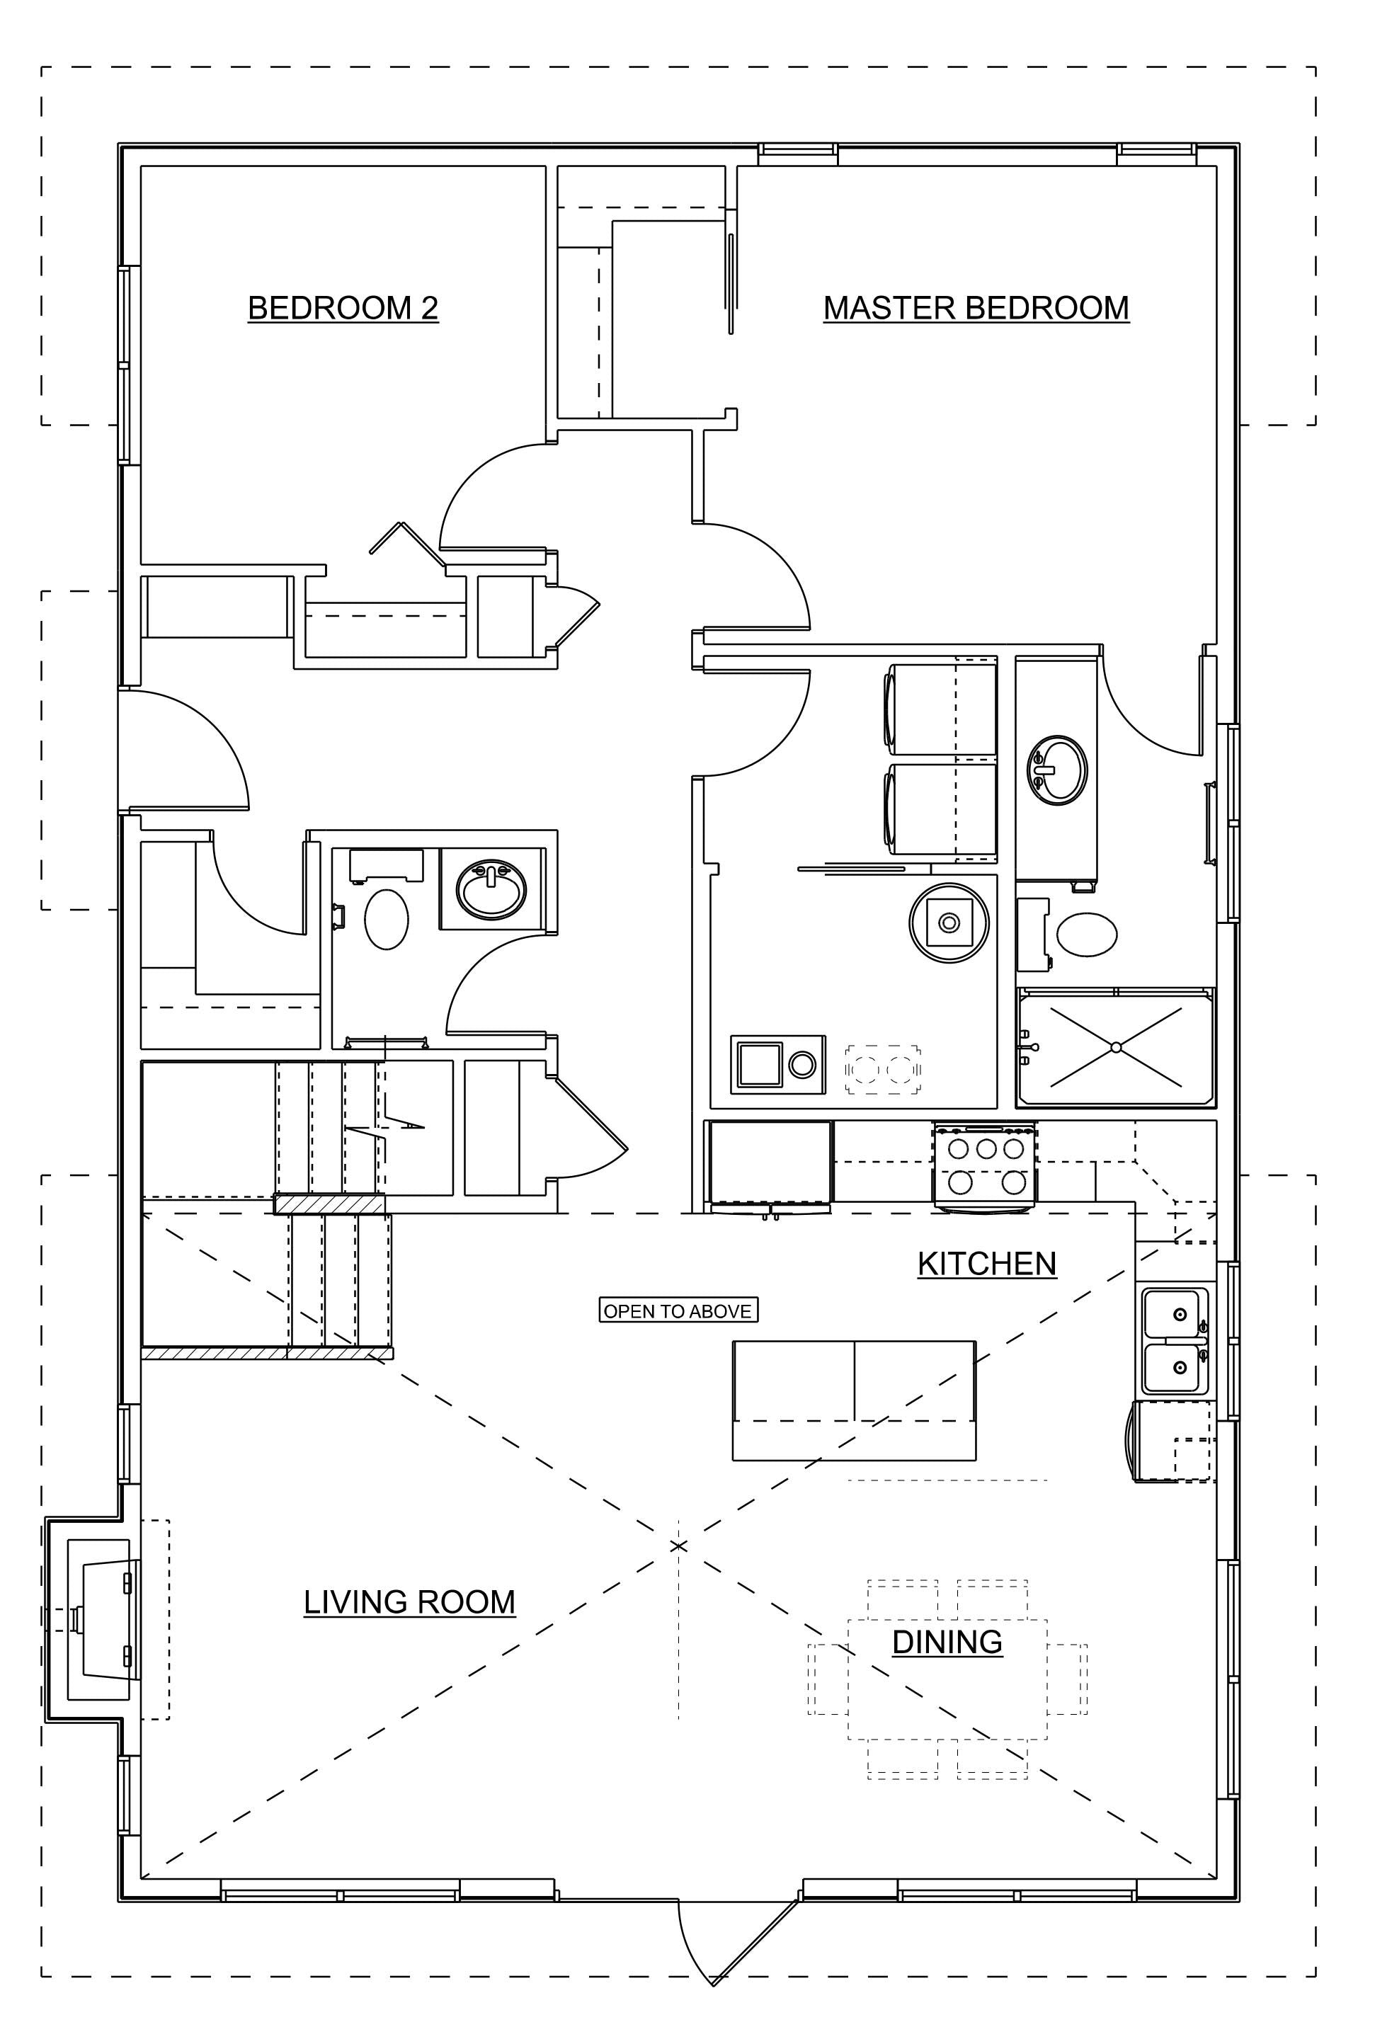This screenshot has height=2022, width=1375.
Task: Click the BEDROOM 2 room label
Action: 343,308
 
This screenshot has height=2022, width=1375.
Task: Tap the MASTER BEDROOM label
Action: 976,308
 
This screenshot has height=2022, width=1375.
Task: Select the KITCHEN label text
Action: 987,1263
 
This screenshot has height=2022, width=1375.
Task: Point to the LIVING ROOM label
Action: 409,1601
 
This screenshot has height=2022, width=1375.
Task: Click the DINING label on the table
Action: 947,1642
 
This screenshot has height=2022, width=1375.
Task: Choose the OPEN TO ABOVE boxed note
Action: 678,1310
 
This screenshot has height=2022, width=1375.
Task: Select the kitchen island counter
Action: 854,1400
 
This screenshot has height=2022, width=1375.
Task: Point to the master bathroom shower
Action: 1116,1046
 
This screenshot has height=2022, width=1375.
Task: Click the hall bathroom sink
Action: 493,889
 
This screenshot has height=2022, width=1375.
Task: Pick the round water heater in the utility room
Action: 949,923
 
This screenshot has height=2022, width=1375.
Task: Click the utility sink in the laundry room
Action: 778,1064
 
